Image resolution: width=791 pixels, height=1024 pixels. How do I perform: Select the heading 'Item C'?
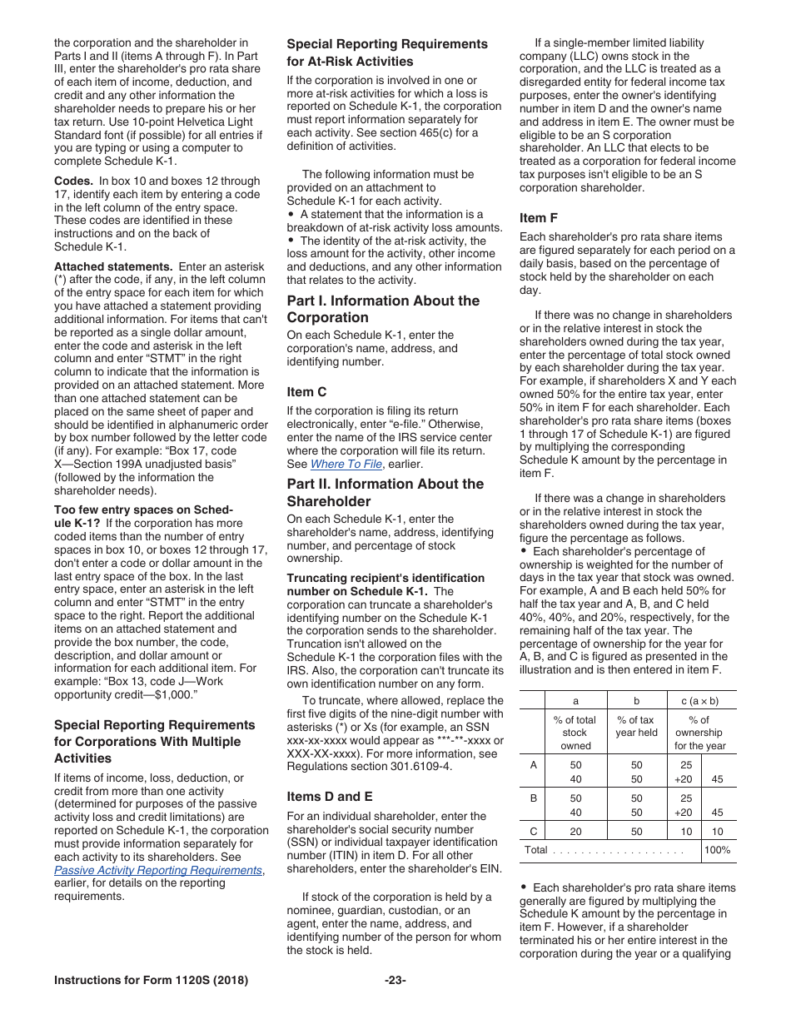pyautogui.click(x=306, y=391)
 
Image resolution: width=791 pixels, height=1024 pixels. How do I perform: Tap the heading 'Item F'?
pyautogui.click(x=539, y=218)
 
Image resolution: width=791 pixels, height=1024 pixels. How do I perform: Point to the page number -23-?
pyautogui.click(x=395, y=980)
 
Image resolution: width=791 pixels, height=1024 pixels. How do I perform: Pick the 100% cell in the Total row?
pyautogui.click(x=717, y=850)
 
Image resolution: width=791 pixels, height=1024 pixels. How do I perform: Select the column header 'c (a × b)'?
pyautogui.click(x=699, y=701)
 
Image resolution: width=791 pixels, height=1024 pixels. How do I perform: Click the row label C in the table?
pyautogui.click(x=533, y=831)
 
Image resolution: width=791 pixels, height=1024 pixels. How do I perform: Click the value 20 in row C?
pyautogui.click(x=575, y=831)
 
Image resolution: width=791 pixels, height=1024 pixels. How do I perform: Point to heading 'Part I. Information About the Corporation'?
pyautogui.click(x=383, y=309)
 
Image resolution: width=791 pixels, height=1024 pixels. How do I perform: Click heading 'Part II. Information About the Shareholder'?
pyautogui.click(x=385, y=492)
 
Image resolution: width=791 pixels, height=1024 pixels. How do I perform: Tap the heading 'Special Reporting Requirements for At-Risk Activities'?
pyautogui.click(x=387, y=52)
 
